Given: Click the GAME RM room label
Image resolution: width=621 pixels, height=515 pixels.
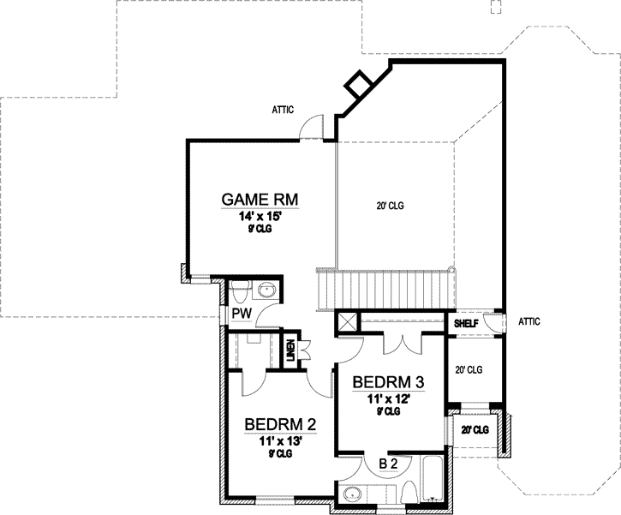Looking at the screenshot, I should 260,200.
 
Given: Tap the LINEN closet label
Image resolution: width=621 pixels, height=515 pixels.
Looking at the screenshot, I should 291,351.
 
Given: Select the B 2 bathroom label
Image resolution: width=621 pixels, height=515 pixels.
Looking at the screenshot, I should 388,464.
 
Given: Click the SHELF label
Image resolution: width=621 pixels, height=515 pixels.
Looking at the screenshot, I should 465,323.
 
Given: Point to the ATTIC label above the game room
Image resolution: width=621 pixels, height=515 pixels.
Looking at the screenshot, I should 284,109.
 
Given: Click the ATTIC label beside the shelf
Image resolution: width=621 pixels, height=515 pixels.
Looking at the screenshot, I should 529,321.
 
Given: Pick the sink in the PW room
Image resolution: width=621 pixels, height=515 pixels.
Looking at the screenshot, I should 268,290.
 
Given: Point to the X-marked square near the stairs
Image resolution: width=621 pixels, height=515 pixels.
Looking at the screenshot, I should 347,322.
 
